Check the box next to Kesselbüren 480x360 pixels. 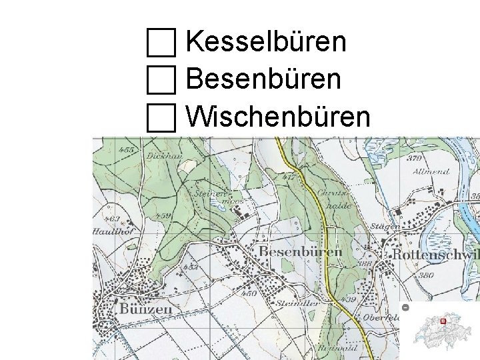pos(161,42)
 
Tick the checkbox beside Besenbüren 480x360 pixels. pos(161,80)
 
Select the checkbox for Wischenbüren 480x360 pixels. pos(161,118)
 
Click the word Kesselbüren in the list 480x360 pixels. pos(266,42)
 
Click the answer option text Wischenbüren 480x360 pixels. pos(277,117)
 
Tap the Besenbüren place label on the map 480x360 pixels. pos(300,251)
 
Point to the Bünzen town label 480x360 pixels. pos(145,309)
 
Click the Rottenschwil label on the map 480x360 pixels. pos(435,255)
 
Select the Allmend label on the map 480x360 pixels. pos(431,171)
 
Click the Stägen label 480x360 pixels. pos(386,227)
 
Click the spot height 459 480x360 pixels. pos(162,216)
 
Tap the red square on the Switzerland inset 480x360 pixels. pos(443,321)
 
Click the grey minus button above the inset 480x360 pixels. pos(405,307)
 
